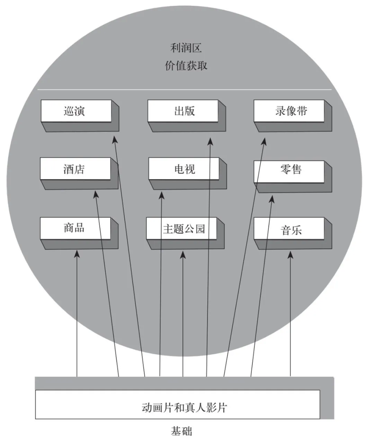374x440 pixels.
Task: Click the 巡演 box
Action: point(76,111)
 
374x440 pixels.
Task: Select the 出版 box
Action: point(183,111)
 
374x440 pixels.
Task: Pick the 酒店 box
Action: point(75,169)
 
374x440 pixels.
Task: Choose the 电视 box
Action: point(184,169)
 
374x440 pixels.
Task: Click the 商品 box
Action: point(75,228)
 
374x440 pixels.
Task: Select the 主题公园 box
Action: point(182,229)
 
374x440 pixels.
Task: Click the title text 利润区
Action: point(186,48)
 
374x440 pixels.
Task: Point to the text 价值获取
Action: point(186,66)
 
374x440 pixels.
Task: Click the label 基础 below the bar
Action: point(181,431)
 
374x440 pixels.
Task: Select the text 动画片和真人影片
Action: point(184,407)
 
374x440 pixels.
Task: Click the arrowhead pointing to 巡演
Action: point(115,139)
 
